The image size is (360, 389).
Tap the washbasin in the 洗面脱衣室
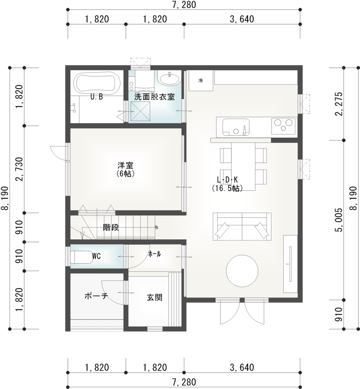[x=169, y=79]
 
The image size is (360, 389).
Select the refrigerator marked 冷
[x=201, y=81]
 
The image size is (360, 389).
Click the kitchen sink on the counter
[x=236, y=127]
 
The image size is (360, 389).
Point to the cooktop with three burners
[x=283, y=126]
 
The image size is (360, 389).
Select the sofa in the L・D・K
[x=242, y=226]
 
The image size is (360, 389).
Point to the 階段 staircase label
[x=111, y=228]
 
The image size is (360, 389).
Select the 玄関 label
[x=155, y=297]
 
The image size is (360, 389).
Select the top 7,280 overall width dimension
[x=184, y=5]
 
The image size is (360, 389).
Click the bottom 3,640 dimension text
[x=242, y=367]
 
